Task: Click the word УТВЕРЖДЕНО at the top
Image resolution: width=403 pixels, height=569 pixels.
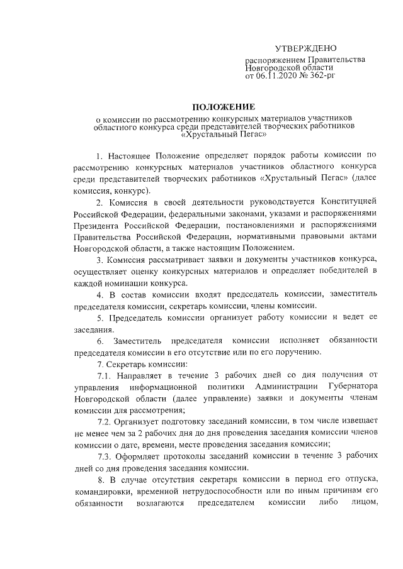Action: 306,49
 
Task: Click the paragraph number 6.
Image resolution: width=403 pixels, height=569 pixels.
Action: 100,341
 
